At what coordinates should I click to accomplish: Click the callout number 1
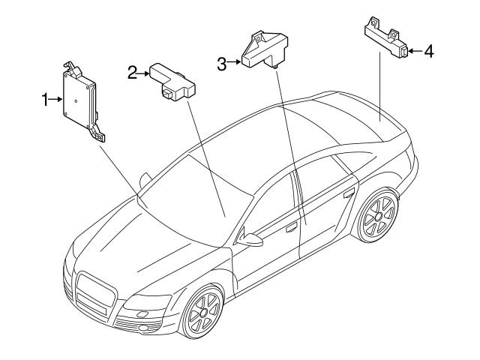pyautogui.click(x=45, y=100)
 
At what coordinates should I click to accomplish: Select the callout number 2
pyautogui.click(x=132, y=73)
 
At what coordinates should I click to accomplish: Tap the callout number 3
pyautogui.click(x=222, y=64)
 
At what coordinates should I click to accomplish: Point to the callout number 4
pyautogui.click(x=429, y=51)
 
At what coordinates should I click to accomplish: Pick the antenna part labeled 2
pyautogui.click(x=172, y=82)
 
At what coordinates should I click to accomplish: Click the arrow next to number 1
pyautogui.click(x=56, y=99)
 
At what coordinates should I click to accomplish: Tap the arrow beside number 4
pyautogui.click(x=415, y=51)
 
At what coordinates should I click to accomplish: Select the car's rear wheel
pyautogui.click(x=378, y=216)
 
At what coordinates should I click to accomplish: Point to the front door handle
pyautogui.click(x=292, y=227)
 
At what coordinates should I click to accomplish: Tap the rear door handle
pyautogui.click(x=349, y=193)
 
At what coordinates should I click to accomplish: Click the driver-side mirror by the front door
pyautogui.click(x=250, y=239)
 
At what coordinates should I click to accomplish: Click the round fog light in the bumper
pyautogui.click(x=142, y=328)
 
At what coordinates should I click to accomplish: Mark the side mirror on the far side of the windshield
pyautogui.click(x=145, y=180)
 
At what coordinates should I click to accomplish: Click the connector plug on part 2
pyautogui.click(x=167, y=93)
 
